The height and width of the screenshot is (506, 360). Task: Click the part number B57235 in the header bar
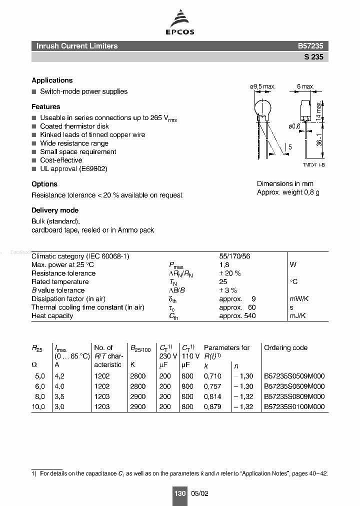point(310,46)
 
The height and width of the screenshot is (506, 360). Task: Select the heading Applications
point(52,80)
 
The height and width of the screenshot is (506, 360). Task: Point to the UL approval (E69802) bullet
point(73,169)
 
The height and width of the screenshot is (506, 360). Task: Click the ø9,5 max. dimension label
point(262,86)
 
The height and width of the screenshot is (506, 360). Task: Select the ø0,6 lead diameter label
point(294,126)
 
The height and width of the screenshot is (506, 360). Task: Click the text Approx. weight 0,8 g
point(287,192)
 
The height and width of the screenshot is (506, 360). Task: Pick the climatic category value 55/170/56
point(234,256)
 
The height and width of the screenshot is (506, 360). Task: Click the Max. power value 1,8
point(224,265)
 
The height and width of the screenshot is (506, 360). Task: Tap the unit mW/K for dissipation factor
point(299,299)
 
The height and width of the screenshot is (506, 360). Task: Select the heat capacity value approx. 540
point(237,316)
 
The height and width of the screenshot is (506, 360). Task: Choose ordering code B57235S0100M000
point(294,407)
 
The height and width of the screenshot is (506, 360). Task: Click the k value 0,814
point(212,397)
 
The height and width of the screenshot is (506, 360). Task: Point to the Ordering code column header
point(285,348)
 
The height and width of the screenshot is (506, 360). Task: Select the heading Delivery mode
point(55,210)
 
